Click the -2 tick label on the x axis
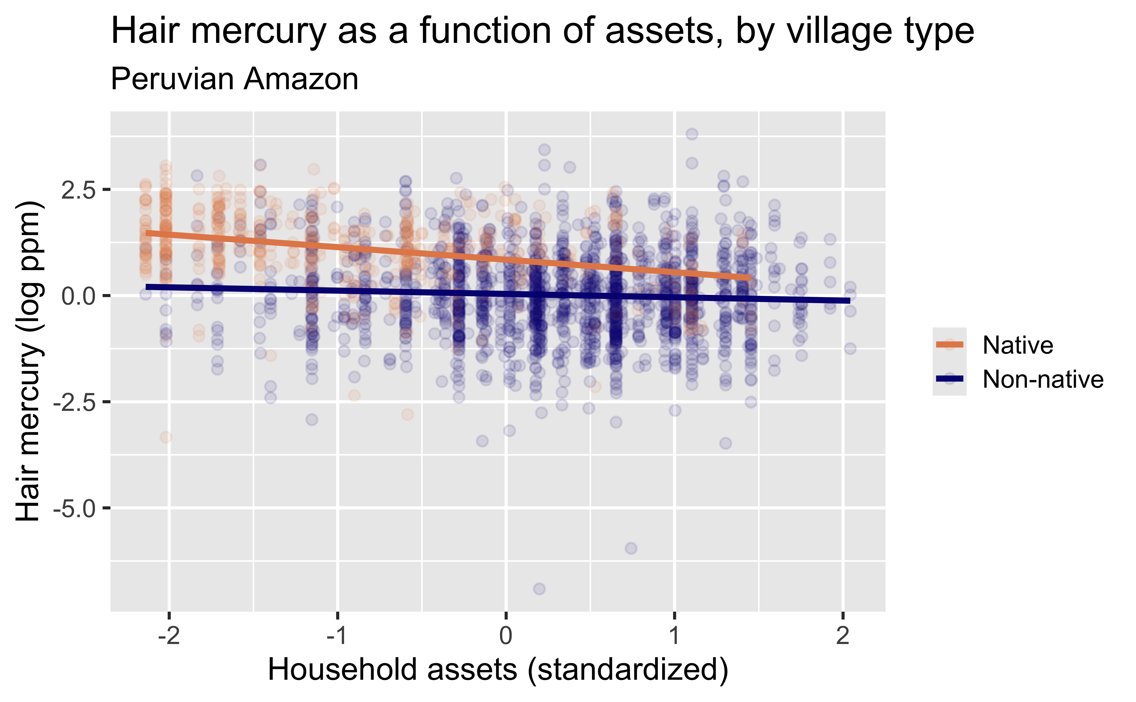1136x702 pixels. point(169,635)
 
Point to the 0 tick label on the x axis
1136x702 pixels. point(506,635)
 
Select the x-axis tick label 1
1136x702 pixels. point(674,635)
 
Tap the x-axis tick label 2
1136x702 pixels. point(843,635)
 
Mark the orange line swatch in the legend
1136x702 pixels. point(949,345)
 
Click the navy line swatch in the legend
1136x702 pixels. point(949,379)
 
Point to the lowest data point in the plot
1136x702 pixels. point(539,589)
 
